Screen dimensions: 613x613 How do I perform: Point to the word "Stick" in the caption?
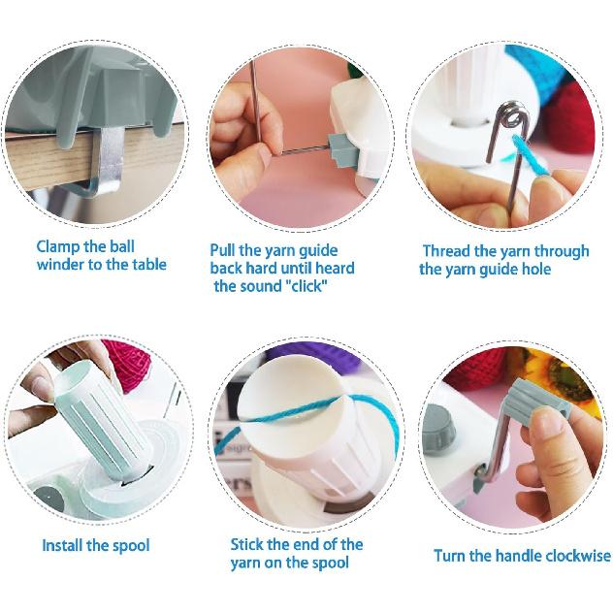coord(249,544)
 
